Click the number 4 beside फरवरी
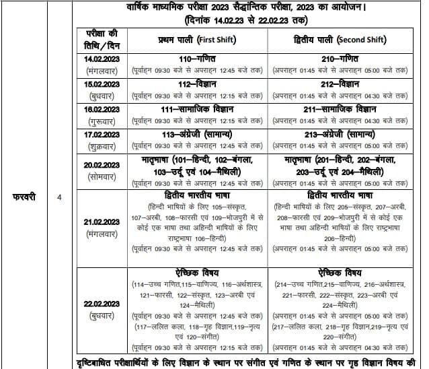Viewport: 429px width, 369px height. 59,199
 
